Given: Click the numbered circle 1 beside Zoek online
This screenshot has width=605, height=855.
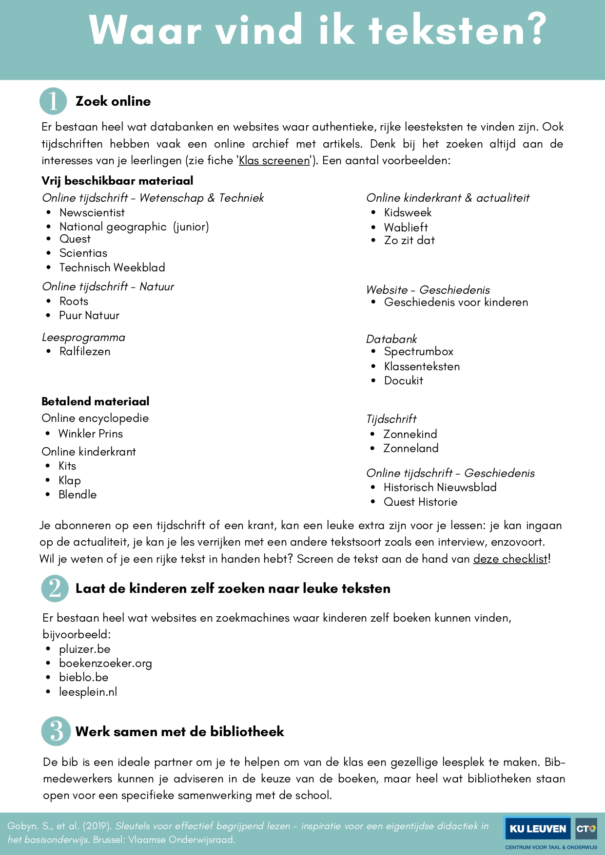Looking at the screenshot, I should (53, 101).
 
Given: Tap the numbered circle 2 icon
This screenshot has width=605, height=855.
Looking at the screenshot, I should (55, 589).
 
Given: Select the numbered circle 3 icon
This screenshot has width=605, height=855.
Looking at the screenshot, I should (56, 731).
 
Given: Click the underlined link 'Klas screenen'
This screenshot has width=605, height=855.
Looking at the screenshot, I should (274, 161).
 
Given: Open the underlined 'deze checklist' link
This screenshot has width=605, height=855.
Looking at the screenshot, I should (510, 559).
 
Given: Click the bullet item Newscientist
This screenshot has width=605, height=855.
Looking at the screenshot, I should (92, 212).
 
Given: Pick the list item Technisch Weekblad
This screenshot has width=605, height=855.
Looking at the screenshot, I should (112, 267).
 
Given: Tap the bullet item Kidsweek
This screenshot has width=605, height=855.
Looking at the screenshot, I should (408, 212).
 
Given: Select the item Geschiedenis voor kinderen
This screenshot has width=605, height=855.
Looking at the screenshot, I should (456, 302).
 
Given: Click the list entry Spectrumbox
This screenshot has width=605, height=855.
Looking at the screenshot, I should (418, 351).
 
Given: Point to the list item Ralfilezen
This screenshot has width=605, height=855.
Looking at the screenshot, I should (85, 351).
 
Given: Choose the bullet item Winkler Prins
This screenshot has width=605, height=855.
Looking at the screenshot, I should (91, 434).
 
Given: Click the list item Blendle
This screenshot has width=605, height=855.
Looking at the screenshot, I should (78, 494).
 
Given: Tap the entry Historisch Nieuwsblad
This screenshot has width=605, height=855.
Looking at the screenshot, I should (440, 487).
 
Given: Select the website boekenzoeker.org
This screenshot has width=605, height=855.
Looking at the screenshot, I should (105, 663).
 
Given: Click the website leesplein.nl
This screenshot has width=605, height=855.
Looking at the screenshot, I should (88, 692).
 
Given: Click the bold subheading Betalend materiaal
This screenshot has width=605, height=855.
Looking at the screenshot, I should (96, 401).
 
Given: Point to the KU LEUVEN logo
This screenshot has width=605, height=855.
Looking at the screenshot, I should (538, 829).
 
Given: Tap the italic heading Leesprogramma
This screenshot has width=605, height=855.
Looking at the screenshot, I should (83, 337).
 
